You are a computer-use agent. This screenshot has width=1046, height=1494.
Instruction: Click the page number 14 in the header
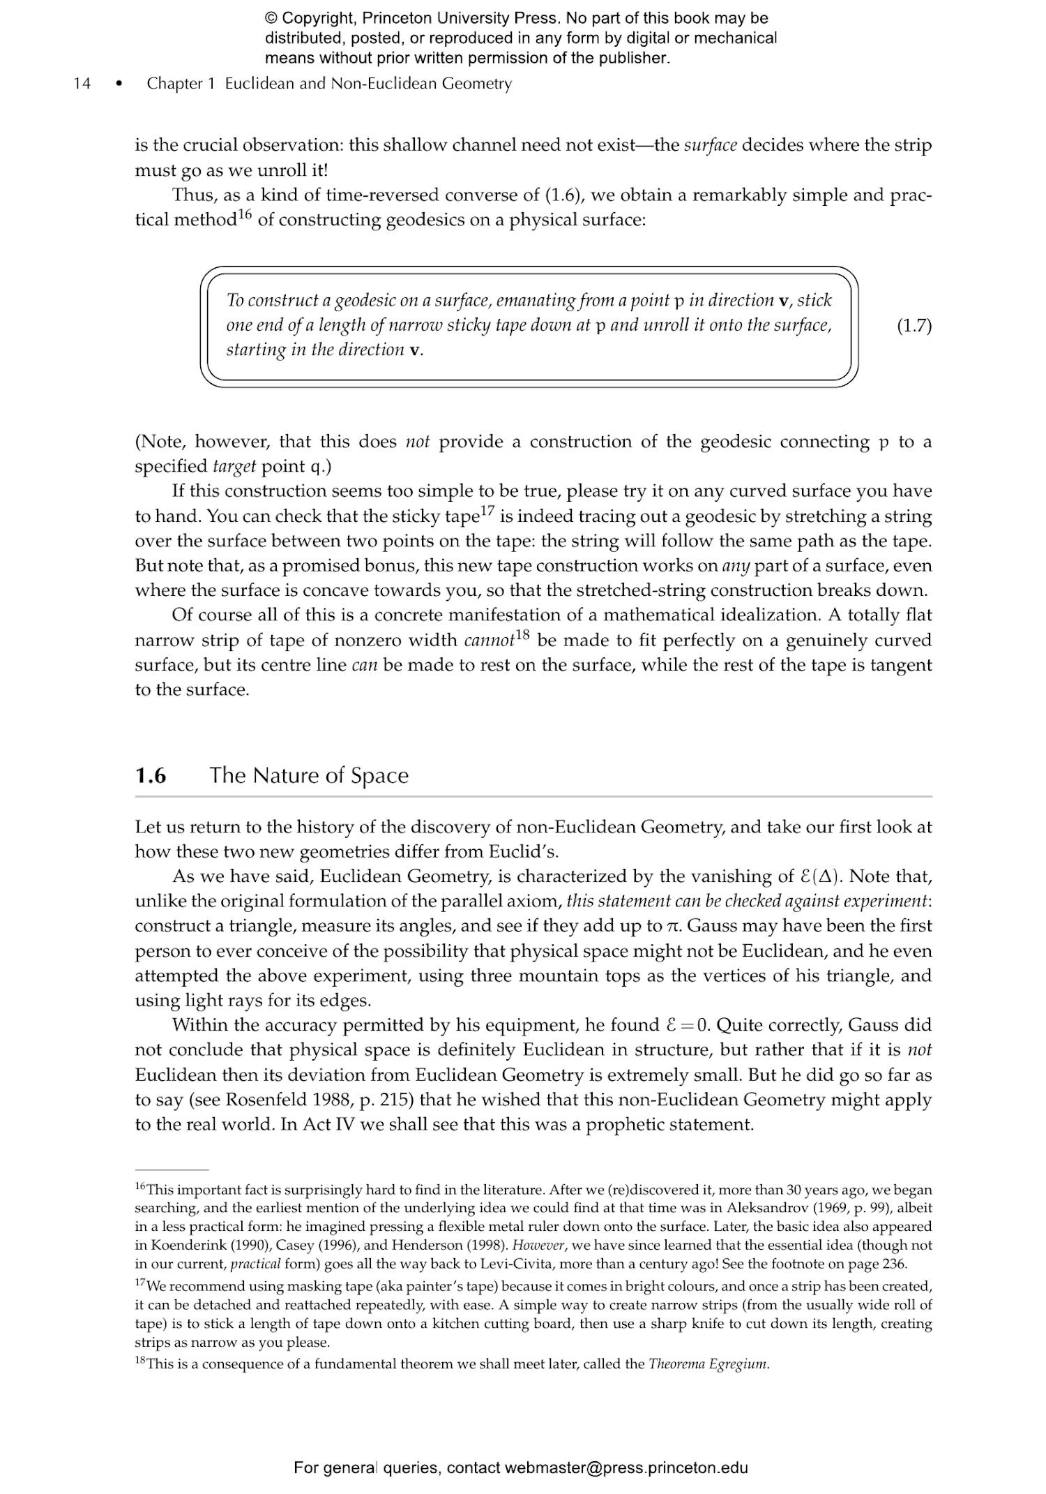(x=82, y=84)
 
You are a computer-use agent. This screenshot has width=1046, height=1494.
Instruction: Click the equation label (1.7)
(x=914, y=326)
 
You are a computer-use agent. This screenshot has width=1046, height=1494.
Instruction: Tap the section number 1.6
(x=151, y=775)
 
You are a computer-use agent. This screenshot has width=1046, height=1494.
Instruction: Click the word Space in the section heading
(x=379, y=775)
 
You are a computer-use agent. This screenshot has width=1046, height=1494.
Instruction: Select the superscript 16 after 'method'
(x=244, y=214)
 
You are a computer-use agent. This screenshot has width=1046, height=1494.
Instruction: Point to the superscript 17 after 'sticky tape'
(x=487, y=511)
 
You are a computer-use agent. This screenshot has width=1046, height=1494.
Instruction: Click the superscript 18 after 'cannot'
(x=522, y=634)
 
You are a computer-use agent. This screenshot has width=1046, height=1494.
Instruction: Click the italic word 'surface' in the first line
(x=710, y=145)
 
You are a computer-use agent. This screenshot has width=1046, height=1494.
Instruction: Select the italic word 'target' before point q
(x=234, y=466)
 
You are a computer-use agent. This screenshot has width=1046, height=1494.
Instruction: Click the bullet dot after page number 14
(x=119, y=84)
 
